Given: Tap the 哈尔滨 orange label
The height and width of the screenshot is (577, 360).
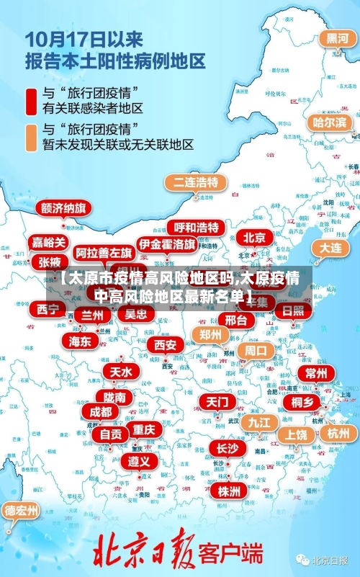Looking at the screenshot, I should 330,122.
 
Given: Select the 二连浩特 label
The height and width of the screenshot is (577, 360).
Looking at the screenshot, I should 193,182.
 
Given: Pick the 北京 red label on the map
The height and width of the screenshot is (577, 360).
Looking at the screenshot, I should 254,237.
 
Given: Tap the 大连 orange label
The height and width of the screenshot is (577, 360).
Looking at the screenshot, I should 330,247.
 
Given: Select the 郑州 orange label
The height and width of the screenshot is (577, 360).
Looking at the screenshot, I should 211,334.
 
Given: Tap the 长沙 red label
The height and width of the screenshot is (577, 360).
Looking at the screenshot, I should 227,448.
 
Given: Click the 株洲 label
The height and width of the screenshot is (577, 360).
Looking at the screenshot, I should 229,491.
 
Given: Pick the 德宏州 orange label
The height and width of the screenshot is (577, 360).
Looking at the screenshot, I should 22,511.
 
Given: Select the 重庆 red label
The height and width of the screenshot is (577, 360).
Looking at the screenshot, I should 144,429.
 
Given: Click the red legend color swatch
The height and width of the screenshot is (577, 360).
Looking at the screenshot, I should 32,101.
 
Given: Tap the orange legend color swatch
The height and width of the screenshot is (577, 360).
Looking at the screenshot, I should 32,137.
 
